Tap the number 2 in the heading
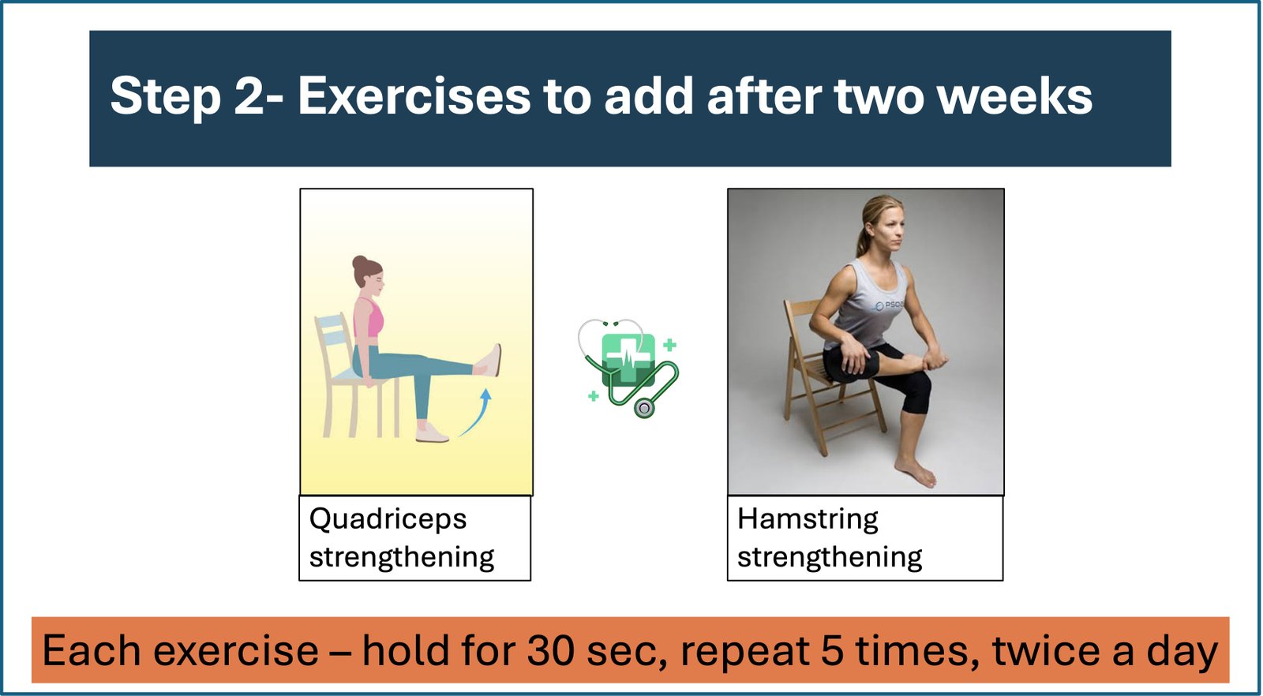point(249,95)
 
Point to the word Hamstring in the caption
point(808,519)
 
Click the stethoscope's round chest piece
point(644,407)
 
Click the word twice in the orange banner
point(1044,650)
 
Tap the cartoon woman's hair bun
point(359,262)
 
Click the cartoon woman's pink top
point(369,319)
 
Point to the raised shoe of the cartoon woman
point(489,361)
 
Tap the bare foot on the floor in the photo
point(916,472)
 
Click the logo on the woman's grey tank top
point(889,305)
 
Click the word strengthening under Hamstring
point(830,558)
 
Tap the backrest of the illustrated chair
point(332,332)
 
